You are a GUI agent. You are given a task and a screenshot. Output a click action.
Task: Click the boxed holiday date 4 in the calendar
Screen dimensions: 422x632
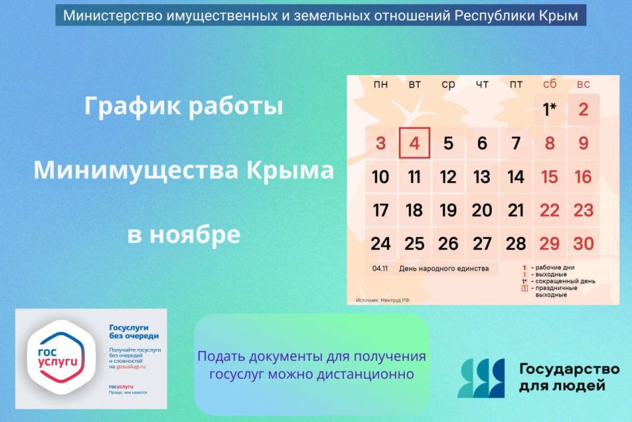click(x=414, y=143)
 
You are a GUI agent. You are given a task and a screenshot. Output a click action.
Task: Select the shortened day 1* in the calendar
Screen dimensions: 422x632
click(x=550, y=109)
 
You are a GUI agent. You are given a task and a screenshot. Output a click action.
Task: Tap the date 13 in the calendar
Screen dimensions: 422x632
click(x=482, y=177)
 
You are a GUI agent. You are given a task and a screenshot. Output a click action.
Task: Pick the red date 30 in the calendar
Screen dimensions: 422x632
click(x=583, y=244)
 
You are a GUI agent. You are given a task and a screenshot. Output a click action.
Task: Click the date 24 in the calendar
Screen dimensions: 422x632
click(x=381, y=244)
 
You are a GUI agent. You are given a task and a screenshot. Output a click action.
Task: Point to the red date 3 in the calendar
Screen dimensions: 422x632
click(x=381, y=143)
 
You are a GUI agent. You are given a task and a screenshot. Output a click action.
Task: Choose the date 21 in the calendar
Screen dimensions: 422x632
click(x=516, y=210)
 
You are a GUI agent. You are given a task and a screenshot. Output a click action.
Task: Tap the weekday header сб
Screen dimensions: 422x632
click(x=550, y=84)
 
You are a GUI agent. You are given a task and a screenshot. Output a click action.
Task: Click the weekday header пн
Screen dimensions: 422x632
click(x=381, y=84)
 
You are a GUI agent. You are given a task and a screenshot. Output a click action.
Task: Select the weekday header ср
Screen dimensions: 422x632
click(x=448, y=84)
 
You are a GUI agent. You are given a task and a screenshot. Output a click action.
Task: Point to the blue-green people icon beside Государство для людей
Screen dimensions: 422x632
click(x=481, y=378)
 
